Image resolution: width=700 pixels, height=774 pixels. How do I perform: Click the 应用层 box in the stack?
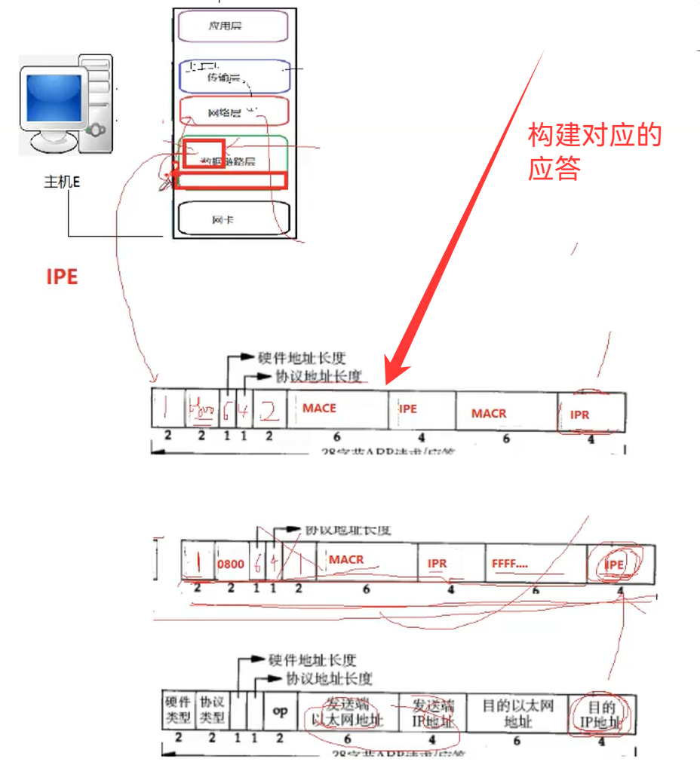[233, 26]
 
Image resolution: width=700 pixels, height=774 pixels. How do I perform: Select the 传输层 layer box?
[234, 76]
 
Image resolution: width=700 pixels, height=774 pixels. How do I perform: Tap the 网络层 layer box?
[234, 112]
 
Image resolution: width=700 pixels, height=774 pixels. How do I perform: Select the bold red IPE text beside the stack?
[62, 277]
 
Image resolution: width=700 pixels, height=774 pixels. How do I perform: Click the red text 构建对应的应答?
[594, 151]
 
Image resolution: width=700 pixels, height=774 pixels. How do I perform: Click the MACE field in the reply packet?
[320, 408]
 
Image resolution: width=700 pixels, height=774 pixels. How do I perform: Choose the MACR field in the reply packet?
[489, 414]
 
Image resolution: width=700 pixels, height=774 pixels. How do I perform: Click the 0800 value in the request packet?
[231, 564]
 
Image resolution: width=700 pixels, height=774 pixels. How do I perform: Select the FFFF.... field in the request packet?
[511, 562]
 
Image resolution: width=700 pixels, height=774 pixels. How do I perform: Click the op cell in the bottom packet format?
[281, 711]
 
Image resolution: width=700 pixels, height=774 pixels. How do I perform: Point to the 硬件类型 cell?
[178, 710]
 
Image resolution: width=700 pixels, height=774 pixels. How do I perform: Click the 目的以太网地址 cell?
[518, 713]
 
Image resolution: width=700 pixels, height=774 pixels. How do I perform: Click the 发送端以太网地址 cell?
[347, 713]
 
